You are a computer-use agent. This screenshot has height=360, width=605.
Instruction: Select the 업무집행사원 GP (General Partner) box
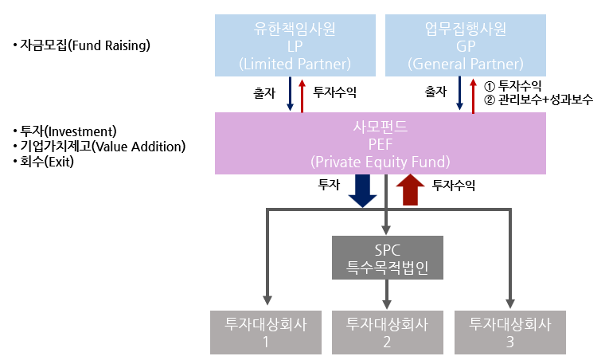tap(466, 46)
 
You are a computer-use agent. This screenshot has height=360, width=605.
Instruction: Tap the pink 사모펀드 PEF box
tap(380, 143)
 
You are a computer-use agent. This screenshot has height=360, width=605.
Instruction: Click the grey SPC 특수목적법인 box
tap(387, 258)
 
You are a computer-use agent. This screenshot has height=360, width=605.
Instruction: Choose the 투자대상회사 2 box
tap(388, 332)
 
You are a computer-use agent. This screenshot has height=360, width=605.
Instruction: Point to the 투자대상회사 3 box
tap(509, 332)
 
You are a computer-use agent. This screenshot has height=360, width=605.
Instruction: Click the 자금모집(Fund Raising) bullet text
tap(81, 45)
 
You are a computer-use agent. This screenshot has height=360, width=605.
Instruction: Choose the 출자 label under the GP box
tap(435, 92)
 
